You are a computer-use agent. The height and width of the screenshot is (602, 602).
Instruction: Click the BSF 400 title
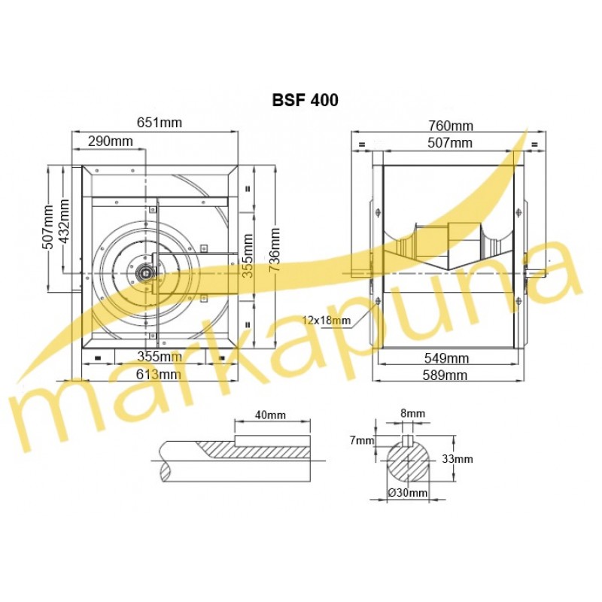coord(306,100)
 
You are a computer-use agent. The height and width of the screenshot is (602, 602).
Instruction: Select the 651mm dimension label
coord(160,123)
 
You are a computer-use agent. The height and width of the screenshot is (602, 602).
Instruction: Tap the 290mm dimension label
coord(111,141)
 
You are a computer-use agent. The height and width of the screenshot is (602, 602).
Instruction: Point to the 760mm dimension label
coord(451,126)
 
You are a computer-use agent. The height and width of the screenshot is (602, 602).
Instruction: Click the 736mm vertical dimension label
coord(275,250)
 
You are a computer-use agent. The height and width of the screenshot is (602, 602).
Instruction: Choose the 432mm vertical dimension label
coord(64,221)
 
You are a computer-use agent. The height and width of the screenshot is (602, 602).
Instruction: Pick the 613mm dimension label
coord(159,374)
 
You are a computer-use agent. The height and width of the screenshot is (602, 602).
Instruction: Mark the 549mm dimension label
coord(446,358)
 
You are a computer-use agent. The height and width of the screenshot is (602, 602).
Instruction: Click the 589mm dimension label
coord(445,375)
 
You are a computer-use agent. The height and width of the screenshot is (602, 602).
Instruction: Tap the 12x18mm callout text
coord(327,320)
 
